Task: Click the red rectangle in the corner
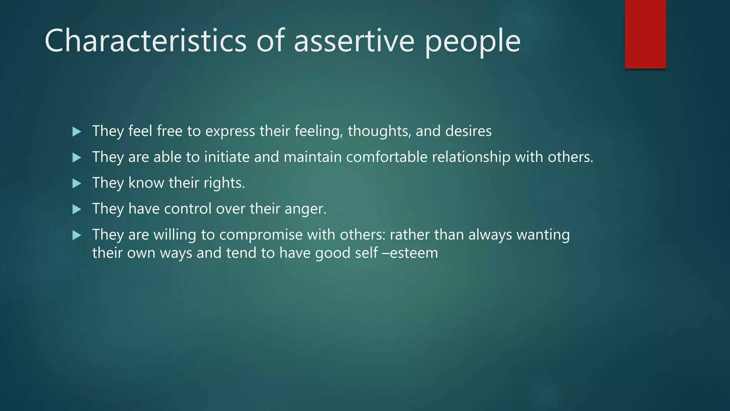pos(645,34)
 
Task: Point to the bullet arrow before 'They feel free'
pos(77,132)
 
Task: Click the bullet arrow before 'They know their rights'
pos(77,183)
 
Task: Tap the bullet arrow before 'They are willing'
pos(77,235)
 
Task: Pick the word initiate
pos(227,157)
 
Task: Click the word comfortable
pos(387,157)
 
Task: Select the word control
pos(187,209)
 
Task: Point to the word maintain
pos(312,157)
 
